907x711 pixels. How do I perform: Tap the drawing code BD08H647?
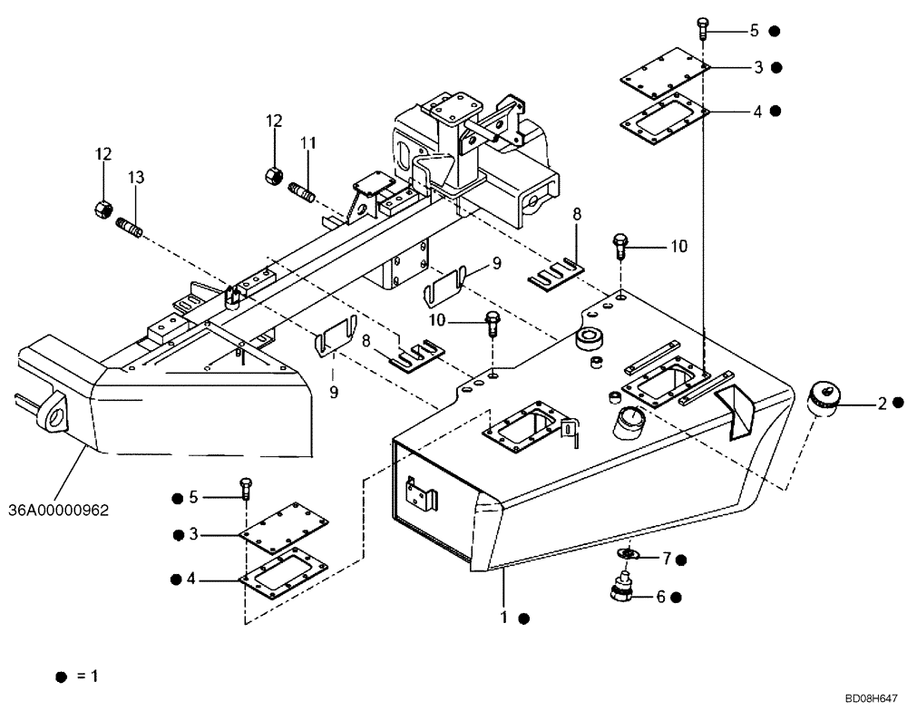(x=871, y=697)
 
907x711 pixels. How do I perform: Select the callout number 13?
(x=135, y=179)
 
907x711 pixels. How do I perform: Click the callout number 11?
(x=307, y=142)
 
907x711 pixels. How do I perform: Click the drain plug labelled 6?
(x=622, y=587)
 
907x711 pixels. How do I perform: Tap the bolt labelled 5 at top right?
(x=704, y=28)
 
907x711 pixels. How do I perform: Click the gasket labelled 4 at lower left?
(x=281, y=575)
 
